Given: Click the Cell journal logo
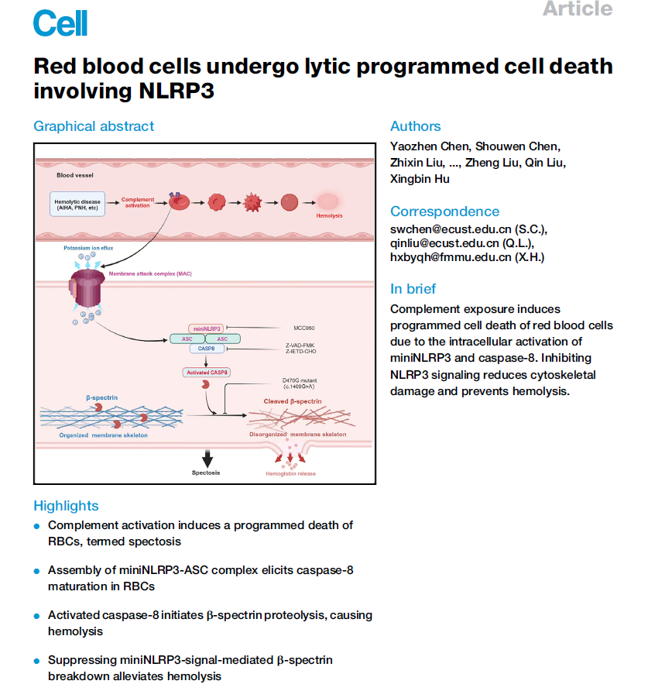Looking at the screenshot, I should click(60, 22).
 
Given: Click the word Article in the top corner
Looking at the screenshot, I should click(577, 9).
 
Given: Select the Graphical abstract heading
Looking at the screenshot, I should click(94, 126).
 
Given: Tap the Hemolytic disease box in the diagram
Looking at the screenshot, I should click(76, 205).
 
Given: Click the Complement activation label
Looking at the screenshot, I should click(138, 201).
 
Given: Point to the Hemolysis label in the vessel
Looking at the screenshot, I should click(328, 216).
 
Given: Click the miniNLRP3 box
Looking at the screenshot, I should click(206, 328).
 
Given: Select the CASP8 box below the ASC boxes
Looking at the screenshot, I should click(206, 349).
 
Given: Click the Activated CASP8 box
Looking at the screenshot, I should click(206, 373).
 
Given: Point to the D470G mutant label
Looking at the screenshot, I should click(299, 381).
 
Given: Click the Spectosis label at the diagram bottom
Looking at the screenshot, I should click(206, 473).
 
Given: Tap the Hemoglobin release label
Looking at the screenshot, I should click(290, 473).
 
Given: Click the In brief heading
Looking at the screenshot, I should click(413, 289).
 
